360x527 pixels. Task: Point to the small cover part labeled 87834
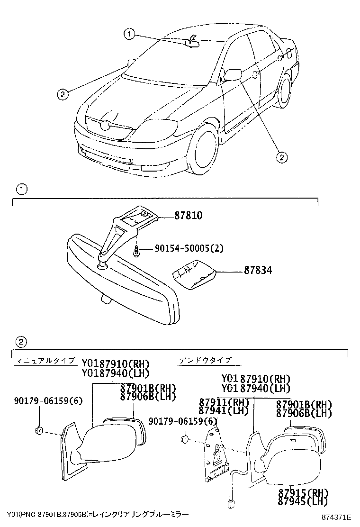[193, 277]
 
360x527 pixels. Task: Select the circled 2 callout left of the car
[62, 94]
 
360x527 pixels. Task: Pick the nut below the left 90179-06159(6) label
[39, 431]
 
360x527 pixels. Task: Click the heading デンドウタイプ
[205, 361]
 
